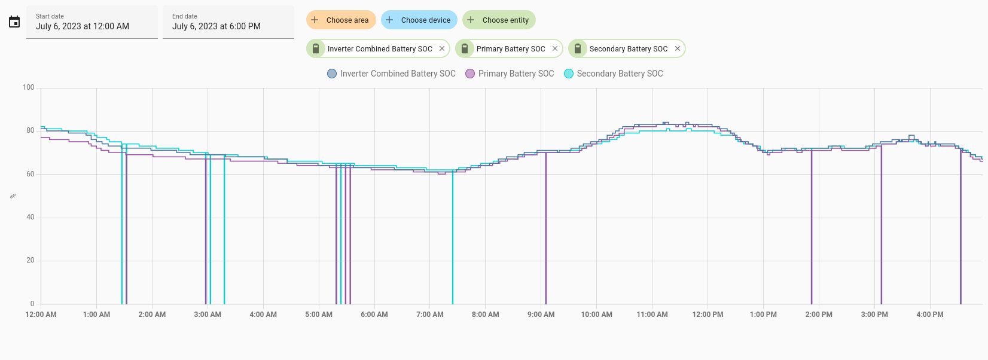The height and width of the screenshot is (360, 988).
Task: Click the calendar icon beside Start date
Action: (14, 22)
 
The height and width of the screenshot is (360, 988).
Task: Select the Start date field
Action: (92, 22)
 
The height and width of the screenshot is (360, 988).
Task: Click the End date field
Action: (228, 22)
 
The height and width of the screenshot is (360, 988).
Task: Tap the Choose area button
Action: (341, 20)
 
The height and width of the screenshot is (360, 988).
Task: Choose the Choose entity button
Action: (499, 20)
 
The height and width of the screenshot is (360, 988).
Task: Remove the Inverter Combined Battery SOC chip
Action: (442, 48)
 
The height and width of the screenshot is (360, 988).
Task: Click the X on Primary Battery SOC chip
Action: (555, 48)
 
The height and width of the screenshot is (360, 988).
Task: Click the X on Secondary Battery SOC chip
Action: (678, 48)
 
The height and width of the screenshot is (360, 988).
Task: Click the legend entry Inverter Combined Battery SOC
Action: (391, 74)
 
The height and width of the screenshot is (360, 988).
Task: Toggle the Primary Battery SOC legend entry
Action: (510, 74)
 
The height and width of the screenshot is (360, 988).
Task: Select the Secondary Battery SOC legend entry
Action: (613, 74)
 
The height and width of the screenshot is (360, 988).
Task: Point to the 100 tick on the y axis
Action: (28, 87)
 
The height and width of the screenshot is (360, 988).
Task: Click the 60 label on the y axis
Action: (30, 174)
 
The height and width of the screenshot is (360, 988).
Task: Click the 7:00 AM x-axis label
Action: (429, 315)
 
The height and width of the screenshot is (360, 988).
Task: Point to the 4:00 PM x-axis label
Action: (930, 315)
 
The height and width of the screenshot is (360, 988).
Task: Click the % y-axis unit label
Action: (13, 196)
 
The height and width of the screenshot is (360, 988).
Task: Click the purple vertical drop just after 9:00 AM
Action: (545, 228)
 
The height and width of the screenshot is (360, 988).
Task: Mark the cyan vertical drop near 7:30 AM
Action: (453, 237)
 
